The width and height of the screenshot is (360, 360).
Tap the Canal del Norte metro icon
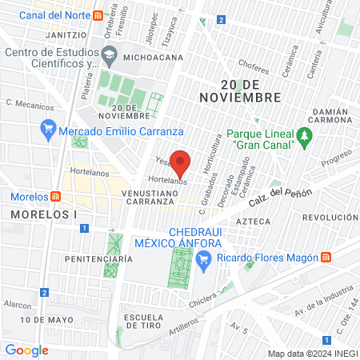pos(98,15)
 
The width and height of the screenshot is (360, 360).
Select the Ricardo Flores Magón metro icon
pos(326,257)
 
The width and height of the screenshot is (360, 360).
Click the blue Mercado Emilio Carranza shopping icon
pos(49,130)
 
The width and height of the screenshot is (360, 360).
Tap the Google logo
pos(26,350)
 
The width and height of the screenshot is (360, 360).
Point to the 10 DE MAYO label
pos(44,319)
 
